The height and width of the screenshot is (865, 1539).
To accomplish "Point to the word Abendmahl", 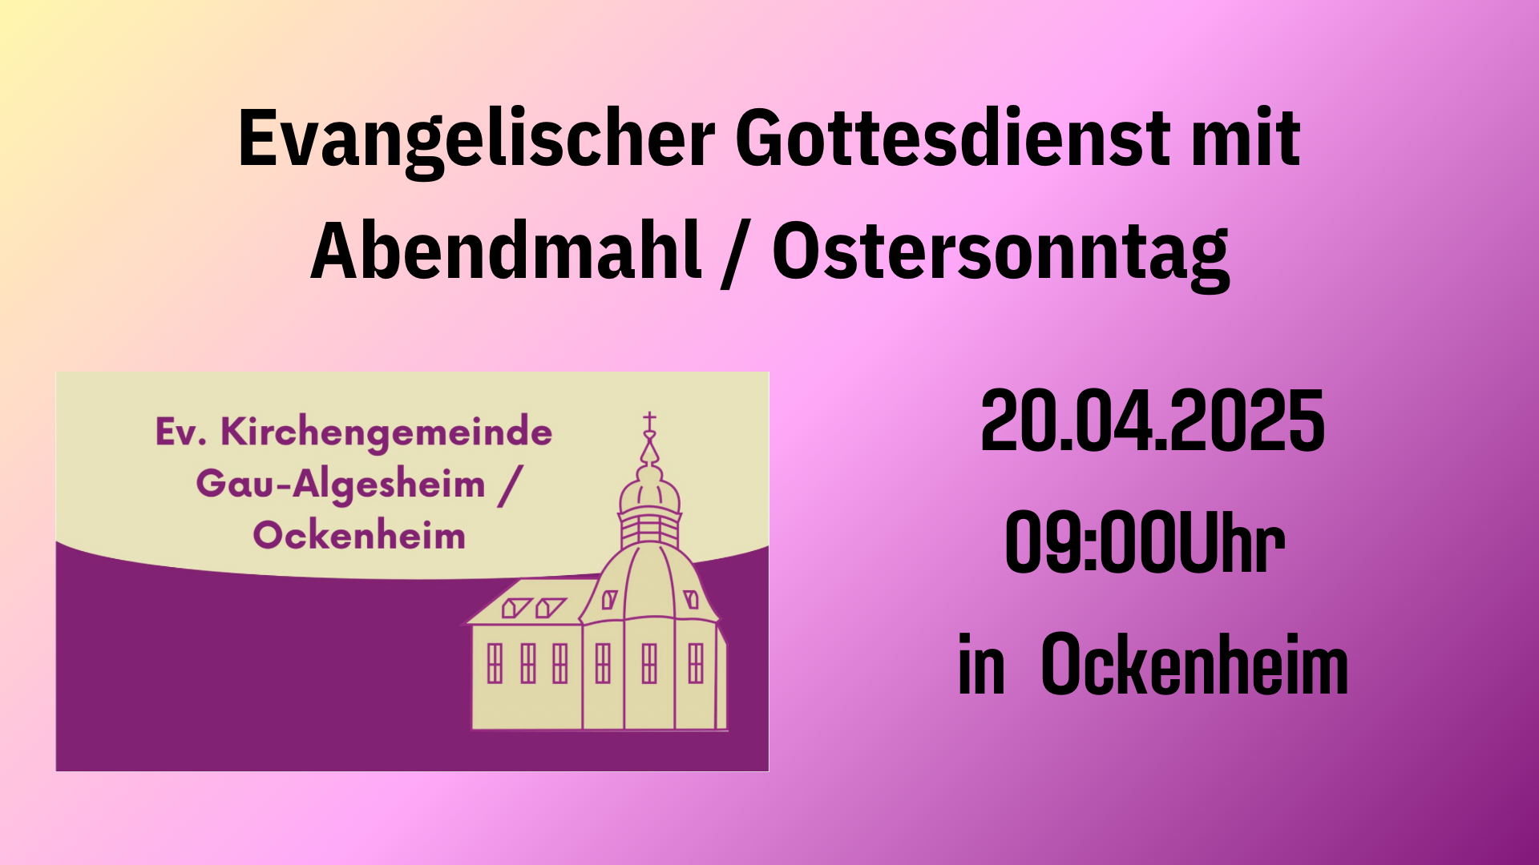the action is [x=506, y=251].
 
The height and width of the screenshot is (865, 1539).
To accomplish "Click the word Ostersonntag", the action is [x=1000, y=255].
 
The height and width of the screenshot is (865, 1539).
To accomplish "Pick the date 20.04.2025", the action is [x=1153, y=421].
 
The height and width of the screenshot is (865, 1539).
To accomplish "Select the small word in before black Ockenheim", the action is [x=981, y=665].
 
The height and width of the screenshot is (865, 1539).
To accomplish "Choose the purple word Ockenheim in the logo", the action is [x=359, y=535].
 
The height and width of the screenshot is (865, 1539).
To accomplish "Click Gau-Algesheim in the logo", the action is [x=341, y=485].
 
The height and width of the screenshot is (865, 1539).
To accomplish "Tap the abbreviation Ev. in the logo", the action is [x=181, y=432].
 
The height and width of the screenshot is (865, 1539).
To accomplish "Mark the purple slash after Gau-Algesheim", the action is [x=509, y=486].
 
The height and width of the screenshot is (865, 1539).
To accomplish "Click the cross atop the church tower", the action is [x=649, y=421].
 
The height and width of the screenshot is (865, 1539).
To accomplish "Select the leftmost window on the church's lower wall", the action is [x=495, y=663].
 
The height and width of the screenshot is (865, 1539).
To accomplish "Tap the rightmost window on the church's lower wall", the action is [x=696, y=663].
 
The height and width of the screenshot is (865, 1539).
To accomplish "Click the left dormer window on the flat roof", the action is [x=515, y=608].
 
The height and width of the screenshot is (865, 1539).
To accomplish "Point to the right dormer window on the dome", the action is [x=691, y=599].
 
